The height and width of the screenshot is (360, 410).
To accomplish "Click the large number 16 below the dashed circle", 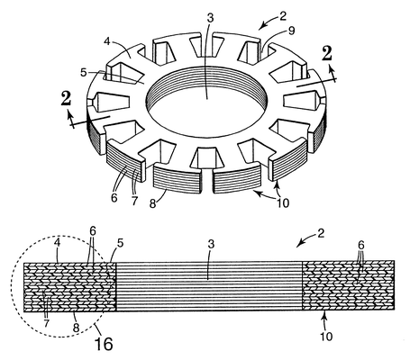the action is pos(104,344).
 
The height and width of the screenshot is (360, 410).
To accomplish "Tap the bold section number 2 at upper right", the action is pos(326,54).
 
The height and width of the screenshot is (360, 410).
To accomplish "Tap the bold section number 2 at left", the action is pos(66,98).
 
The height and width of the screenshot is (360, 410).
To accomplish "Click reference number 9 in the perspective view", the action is pos(291,31).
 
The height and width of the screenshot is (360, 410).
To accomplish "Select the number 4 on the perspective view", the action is pos(107,41).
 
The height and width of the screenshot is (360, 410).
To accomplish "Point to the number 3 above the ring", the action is pos(210,18).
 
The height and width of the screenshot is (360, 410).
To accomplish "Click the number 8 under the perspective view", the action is pos(153,203).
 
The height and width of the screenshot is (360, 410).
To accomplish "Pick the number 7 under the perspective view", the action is pos(134,202).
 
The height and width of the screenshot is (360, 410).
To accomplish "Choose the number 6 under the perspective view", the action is pos(114,198).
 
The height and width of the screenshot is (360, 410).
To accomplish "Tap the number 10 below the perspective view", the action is pos(283,203).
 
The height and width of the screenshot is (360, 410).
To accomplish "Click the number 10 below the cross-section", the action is pos(326,337).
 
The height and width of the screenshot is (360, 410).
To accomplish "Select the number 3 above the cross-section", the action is pos(211,245).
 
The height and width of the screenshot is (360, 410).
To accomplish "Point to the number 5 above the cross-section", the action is pos(120,243).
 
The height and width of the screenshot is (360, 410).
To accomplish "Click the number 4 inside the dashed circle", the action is pos(58,242).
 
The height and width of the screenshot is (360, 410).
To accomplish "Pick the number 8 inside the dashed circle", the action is pos(76,328).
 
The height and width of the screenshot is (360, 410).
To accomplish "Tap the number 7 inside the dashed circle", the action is pos(46,323).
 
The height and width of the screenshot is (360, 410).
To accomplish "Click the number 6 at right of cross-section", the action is pos(360,245).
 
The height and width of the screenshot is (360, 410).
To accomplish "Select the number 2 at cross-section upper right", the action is pos(321,233).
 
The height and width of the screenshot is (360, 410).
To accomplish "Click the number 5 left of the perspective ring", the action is pos(84,72).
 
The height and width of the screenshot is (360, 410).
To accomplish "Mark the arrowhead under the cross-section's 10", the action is pos(323,315).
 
